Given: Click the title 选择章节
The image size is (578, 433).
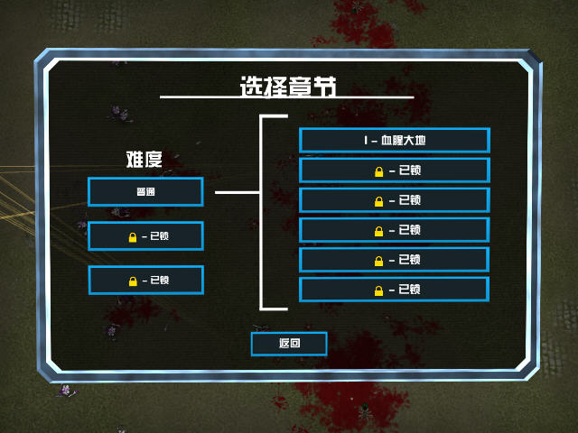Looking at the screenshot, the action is pyautogui.click(x=288, y=87).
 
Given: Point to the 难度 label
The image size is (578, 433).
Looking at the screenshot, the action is pyautogui.click(x=144, y=160).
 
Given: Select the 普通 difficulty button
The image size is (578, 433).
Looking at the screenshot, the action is pyautogui.click(x=145, y=191).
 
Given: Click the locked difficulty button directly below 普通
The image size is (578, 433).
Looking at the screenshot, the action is pyautogui.click(x=145, y=236).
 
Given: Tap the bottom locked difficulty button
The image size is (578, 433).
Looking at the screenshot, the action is pyautogui.click(x=146, y=281).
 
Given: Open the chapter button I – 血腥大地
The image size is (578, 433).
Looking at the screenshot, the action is pyautogui.click(x=395, y=141).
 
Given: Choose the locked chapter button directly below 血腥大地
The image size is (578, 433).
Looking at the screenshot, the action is pyautogui.click(x=395, y=170).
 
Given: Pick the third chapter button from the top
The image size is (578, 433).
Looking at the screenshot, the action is pyautogui.click(x=395, y=200).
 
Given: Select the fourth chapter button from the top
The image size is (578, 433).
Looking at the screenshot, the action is pyautogui.click(x=395, y=230).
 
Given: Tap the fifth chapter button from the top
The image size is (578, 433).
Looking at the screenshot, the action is pyautogui.click(x=395, y=260).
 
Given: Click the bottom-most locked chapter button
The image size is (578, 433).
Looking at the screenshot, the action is pyautogui.click(x=395, y=290).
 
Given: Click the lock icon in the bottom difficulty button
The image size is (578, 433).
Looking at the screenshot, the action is pyautogui.click(x=133, y=281).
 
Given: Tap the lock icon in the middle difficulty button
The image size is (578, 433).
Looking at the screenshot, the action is pyautogui.click(x=133, y=237).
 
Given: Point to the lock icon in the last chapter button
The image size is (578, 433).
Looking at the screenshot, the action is pyautogui.click(x=378, y=290).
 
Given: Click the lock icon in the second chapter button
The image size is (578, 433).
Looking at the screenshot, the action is pyautogui.click(x=379, y=171).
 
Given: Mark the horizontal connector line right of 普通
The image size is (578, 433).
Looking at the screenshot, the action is pyautogui.click(x=238, y=192).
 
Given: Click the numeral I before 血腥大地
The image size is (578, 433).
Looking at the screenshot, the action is pyautogui.click(x=366, y=141).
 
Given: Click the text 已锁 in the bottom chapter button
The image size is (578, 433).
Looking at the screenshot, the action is pyautogui.click(x=409, y=289).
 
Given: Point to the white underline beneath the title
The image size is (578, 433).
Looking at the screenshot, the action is pyautogui.click(x=287, y=97).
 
